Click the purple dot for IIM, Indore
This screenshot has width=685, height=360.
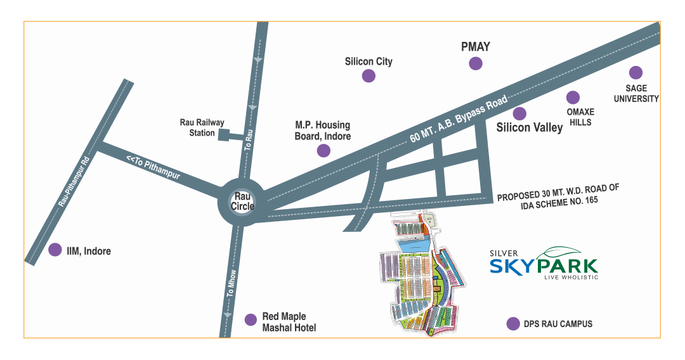pyautogui.click(x=55, y=250)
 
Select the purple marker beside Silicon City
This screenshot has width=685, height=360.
pyautogui.click(x=369, y=76)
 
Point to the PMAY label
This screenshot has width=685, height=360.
pyautogui.click(x=475, y=46)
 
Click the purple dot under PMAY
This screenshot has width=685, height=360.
pyautogui.click(x=475, y=63)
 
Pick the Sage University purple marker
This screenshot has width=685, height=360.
pyautogui.click(x=636, y=73)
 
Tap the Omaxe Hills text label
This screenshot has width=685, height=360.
pyautogui.click(x=580, y=117)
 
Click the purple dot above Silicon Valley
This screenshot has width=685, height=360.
pyautogui.click(x=519, y=113)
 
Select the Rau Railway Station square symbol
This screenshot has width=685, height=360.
pyautogui.click(x=224, y=134)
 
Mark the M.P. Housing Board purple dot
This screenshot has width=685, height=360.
pyautogui.click(x=323, y=150)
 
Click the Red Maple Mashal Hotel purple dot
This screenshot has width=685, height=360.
pyautogui.click(x=251, y=319)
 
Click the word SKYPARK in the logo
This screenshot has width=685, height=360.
pyautogui.click(x=543, y=265)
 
